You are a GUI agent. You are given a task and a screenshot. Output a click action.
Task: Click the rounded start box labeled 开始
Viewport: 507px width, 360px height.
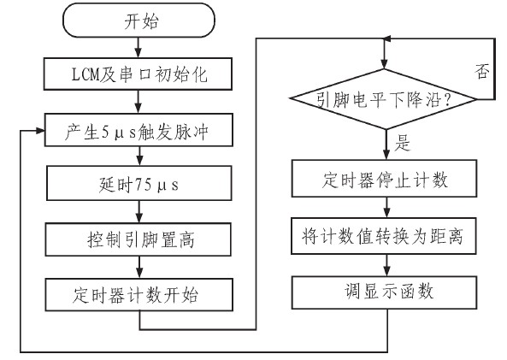[x=139, y=20]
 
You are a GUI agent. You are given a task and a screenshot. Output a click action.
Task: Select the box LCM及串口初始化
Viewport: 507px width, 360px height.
[x=138, y=74]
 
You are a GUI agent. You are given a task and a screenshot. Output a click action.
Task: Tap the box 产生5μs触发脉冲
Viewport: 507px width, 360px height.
[x=139, y=130]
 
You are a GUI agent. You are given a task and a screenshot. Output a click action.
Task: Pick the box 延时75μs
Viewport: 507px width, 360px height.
[x=139, y=183]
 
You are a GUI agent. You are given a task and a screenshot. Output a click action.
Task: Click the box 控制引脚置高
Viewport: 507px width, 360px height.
[x=138, y=239]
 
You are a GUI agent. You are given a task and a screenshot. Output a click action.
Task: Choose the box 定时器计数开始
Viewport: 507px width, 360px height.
[x=139, y=295]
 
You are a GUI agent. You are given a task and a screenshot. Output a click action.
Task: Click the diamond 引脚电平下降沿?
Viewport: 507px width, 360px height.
[x=384, y=99]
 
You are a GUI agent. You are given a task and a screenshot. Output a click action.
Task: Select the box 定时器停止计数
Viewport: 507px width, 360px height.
[x=384, y=178]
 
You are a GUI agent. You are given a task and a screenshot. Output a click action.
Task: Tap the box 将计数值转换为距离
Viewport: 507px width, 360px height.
[x=384, y=236]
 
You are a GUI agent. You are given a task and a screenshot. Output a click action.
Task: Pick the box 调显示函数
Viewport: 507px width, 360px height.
[x=384, y=292]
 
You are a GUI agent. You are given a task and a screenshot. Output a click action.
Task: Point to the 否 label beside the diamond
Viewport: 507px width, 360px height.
[x=482, y=71]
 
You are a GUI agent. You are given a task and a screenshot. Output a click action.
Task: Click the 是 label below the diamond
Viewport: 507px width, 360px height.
[x=402, y=143]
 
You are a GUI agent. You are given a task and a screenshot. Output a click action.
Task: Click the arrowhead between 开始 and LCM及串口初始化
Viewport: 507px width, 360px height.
[x=139, y=53]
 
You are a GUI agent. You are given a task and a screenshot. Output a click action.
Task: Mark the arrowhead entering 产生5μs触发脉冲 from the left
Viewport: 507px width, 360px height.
[x=40, y=130]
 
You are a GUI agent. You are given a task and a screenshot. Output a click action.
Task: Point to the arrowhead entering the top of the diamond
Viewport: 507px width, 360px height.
[x=384, y=64]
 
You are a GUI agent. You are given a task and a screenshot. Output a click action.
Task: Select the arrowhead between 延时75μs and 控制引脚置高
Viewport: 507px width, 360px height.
[x=139, y=218]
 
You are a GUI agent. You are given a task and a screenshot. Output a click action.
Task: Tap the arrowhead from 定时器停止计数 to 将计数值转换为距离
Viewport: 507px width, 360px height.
[x=386, y=213]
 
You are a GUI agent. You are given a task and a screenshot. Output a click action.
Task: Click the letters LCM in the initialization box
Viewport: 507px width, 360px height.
[x=85, y=74]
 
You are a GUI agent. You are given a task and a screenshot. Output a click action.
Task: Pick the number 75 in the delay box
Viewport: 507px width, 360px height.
[x=144, y=185]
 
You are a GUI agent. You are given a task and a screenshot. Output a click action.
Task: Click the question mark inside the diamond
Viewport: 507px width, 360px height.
[x=447, y=99]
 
